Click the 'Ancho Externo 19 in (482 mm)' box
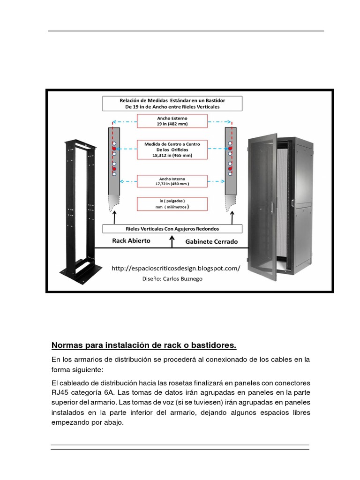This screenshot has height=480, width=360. tap(172, 121)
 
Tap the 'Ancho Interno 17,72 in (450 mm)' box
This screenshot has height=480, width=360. tap(172, 181)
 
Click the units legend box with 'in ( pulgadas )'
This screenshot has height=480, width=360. tap(172, 203)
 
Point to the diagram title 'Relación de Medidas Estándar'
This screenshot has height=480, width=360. tap(172, 103)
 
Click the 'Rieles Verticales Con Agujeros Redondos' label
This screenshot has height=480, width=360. tap(172, 229)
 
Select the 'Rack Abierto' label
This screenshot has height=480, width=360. tap(131, 241)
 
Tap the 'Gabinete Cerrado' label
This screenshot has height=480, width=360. tap(211, 242)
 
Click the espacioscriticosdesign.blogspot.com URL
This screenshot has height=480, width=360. tap(176, 269)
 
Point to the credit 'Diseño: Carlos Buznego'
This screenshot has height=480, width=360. tap(173, 278)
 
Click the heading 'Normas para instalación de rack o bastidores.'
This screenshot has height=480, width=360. tap(144, 346)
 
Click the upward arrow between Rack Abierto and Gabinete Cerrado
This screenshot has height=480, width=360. tap(172, 241)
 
